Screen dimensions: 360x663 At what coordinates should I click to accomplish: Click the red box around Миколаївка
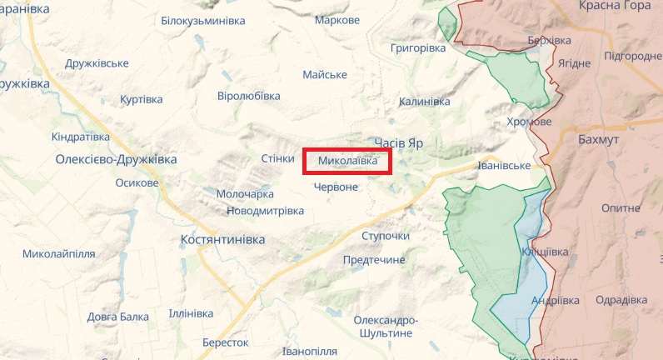pyautogui.click(x=347, y=161)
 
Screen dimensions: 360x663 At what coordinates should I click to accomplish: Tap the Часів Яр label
pyautogui.click(x=399, y=143)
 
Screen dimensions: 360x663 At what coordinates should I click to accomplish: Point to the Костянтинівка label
pyautogui.click(x=222, y=239)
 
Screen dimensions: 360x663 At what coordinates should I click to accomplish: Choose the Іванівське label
pyautogui.click(x=503, y=166)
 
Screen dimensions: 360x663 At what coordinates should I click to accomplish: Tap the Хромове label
pyautogui.click(x=529, y=122)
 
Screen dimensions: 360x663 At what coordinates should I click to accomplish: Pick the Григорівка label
pyautogui.click(x=418, y=48)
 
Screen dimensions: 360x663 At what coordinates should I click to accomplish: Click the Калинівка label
pyautogui.click(x=424, y=102)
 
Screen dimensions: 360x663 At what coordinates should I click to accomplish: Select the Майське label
pyautogui.click(x=325, y=75)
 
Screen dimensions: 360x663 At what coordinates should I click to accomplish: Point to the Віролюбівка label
pyautogui.click(x=248, y=96)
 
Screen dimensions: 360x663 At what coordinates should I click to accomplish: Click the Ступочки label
pyautogui.click(x=386, y=236)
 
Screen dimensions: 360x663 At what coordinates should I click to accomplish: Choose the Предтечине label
pyautogui.click(x=373, y=260)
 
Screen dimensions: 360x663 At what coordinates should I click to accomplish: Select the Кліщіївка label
pyautogui.click(x=545, y=252)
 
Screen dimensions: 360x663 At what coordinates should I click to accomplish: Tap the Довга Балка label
pyautogui.click(x=117, y=317)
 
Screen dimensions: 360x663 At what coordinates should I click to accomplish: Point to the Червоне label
pyautogui.click(x=336, y=187)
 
